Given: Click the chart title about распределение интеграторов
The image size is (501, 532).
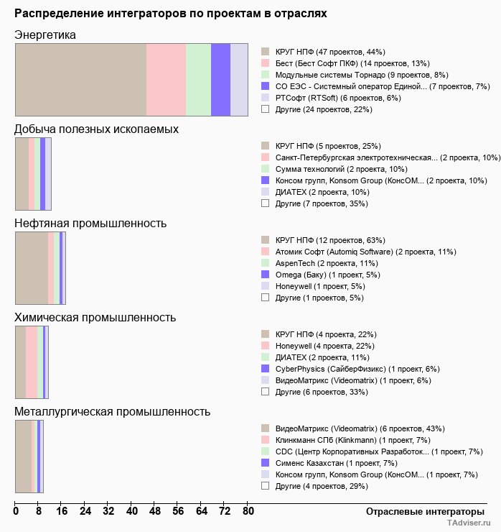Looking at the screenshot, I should coord(171,14).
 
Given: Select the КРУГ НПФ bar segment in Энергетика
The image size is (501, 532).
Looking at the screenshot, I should coord(80,79).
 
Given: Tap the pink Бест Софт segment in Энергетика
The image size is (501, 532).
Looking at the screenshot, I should coord(166,79).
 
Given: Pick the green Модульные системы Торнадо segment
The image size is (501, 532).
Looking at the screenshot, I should coord(198,79).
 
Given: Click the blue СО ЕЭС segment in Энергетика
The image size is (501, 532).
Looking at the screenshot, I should coord(220,79).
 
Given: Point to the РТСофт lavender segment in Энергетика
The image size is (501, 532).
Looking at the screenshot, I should coord(239,79).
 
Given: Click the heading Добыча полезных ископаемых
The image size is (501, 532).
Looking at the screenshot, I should coord(96,129).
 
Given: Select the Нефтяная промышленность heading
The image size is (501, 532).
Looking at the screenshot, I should coord(90,224).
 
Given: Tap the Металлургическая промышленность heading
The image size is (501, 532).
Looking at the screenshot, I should coord(112,412).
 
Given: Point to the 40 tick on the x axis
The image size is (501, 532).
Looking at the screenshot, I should coord(132,512).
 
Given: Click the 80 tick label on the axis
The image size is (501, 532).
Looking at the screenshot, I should coord(248,512).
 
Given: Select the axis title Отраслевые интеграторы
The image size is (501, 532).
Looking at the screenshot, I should coord(420,511).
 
